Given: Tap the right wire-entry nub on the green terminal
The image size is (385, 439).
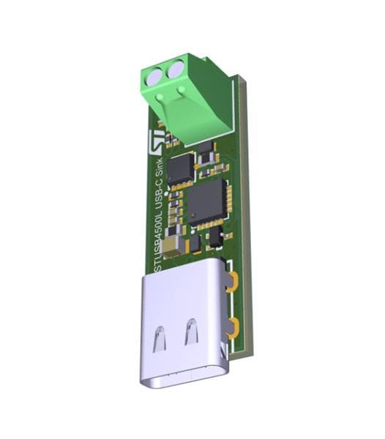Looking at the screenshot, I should (x=180, y=91).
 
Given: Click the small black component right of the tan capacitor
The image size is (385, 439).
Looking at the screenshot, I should (x=194, y=243).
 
